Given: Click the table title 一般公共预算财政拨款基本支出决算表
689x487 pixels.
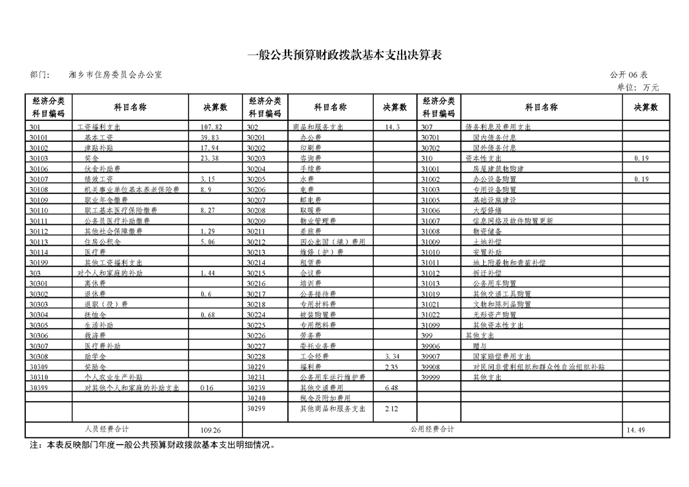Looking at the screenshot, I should [344, 55].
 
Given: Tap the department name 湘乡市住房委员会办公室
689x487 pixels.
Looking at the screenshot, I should [116, 75].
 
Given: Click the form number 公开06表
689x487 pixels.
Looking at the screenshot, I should [628, 75].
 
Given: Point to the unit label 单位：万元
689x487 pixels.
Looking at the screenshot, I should [637, 88].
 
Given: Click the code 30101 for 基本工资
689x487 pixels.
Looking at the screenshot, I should [38, 138].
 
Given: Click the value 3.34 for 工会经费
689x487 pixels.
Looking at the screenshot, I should [392, 357].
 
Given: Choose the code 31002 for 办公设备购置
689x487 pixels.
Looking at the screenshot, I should [430, 179].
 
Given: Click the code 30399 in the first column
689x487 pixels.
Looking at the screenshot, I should [38, 388].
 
